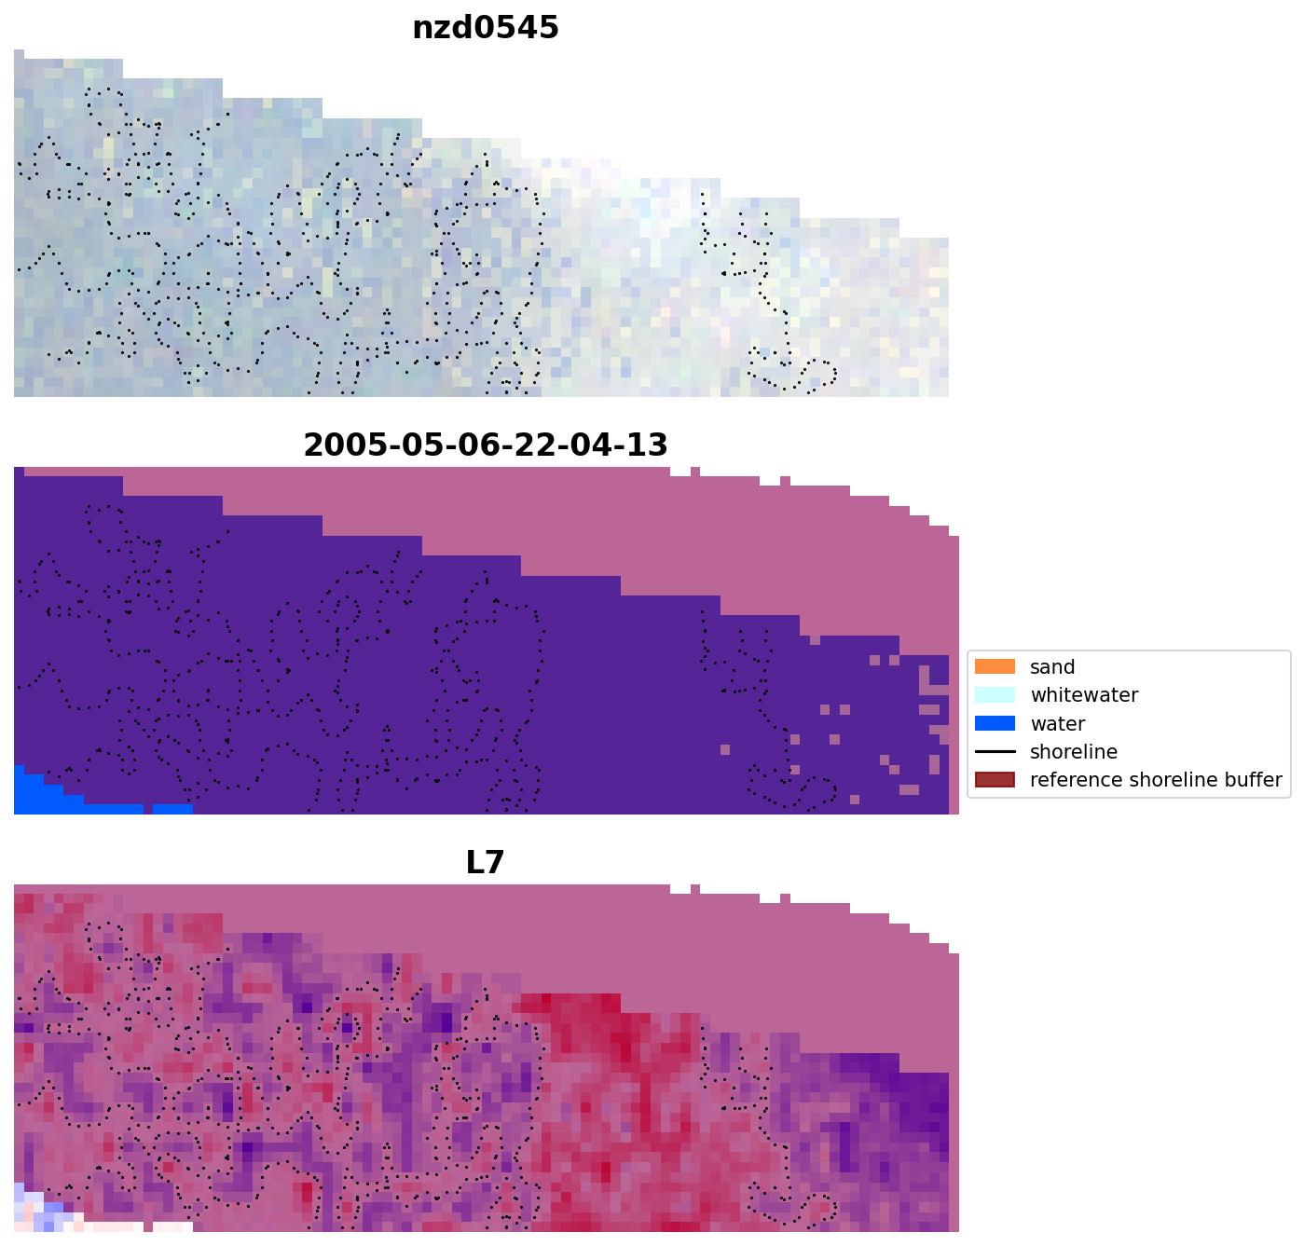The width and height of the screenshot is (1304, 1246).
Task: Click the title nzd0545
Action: (x=485, y=27)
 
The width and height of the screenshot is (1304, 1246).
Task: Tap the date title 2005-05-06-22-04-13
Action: (x=485, y=445)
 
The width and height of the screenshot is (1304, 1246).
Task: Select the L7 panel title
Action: (x=485, y=862)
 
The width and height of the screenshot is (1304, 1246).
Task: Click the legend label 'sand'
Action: (x=1052, y=667)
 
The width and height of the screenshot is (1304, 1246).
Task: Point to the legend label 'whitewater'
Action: (x=1083, y=695)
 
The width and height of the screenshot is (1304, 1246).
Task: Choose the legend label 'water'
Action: (x=1057, y=724)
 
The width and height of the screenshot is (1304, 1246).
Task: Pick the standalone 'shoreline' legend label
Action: (x=1073, y=752)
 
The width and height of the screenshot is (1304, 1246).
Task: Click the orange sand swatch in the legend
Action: (x=995, y=667)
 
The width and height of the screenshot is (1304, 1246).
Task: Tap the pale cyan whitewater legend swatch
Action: (x=995, y=695)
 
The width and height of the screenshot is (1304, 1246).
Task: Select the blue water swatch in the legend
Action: (x=995, y=724)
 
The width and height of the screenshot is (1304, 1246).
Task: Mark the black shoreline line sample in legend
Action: (x=995, y=752)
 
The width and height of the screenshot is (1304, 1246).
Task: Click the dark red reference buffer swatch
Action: (x=995, y=780)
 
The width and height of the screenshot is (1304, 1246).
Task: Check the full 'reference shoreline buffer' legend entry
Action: (x=1155, y=780)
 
